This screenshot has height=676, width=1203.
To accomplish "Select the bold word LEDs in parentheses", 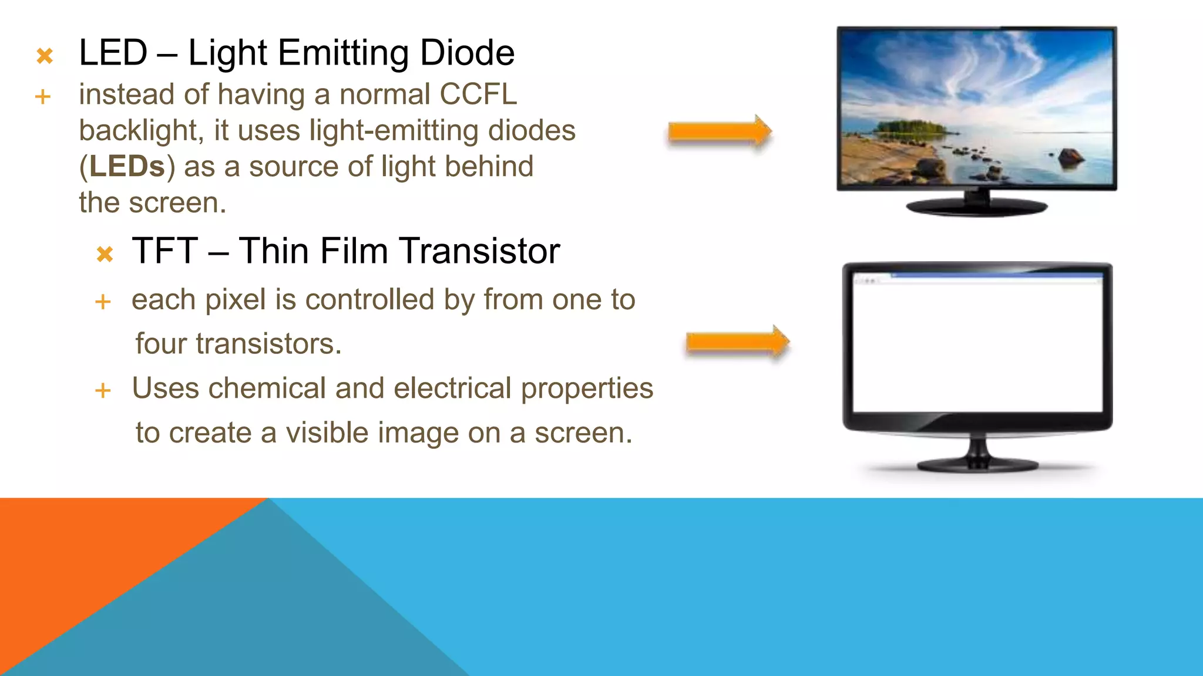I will point(127,167).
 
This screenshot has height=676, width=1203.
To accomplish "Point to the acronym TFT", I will point(164,251).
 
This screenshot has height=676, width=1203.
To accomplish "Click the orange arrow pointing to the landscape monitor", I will point(719,131).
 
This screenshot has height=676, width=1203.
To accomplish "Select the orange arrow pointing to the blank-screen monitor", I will point(737,342).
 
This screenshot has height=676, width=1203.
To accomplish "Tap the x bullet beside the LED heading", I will point(45,56).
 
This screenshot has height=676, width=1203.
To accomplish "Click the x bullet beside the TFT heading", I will point(105,255).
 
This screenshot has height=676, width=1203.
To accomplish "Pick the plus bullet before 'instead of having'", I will point(42,97).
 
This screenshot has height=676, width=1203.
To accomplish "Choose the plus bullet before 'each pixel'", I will point(103,302).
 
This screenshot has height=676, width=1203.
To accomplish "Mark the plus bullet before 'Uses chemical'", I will point(103,391).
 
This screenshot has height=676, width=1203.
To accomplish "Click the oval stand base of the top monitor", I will point(976,207).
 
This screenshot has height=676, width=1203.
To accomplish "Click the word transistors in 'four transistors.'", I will point(268,344).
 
